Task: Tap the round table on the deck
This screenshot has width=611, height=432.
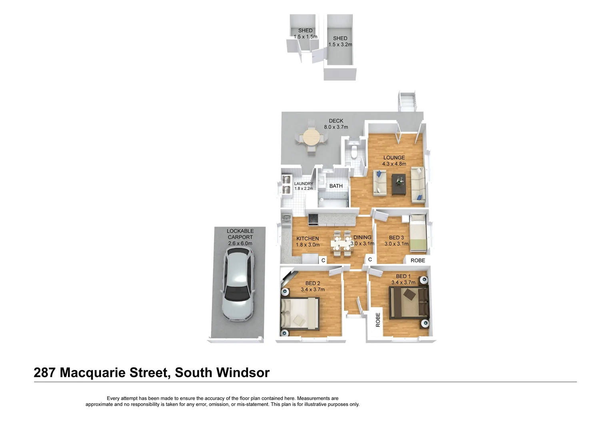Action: pyautogui.click(x=311, y=138)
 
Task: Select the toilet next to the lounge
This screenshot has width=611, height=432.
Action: pyautogui.click(x=353, y=152)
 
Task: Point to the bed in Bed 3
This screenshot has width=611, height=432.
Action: pyautogui.click(x=418, y=232)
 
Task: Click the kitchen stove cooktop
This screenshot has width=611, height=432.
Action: pyautogui.click(x=313, y=219)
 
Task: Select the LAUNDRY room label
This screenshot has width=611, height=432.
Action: pyautogui.click(x=304, y=184)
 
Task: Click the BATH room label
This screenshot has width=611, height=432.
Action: pyautogui.click(x=336, y=186)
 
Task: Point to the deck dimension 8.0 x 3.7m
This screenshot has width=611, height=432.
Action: pyautogui.click(x=336, y=127)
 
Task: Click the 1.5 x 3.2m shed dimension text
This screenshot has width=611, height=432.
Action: pyautogui.click(x=340, y=45)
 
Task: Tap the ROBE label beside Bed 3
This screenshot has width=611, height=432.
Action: pyautogui.click(x=418, y=260)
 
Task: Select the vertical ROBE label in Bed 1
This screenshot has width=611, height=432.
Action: pyautogui.click(x=378, y=320)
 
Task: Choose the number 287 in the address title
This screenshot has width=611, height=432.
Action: pyautogui.click(x=44, y=373)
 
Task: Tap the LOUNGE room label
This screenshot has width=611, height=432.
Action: pyautogui.click(x=394, y=158)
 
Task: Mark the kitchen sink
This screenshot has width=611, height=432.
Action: pyautogui.click(x=286, y=220)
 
